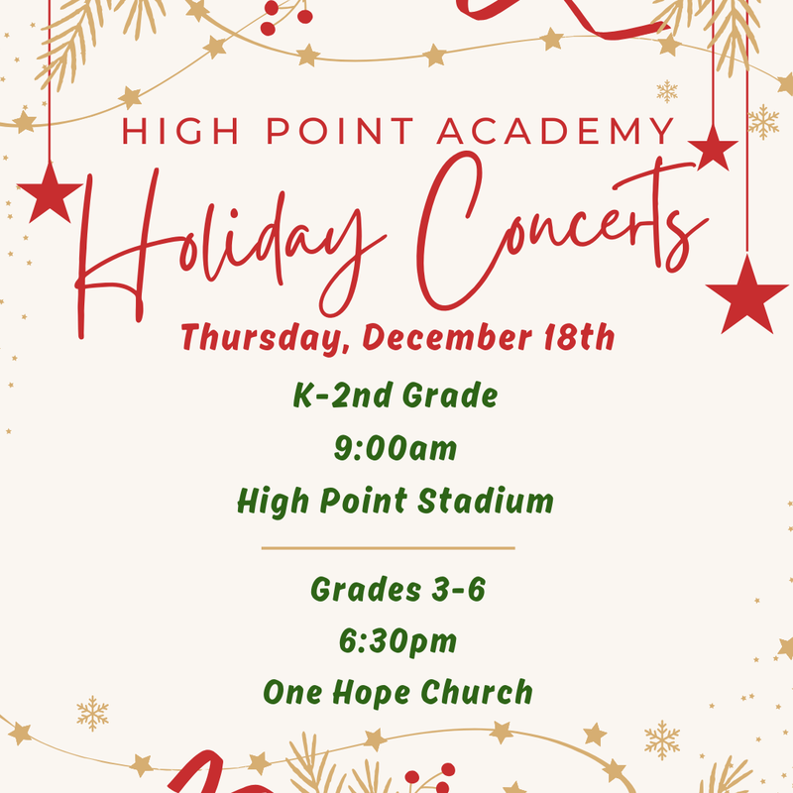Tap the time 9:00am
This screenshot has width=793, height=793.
click(396, 449)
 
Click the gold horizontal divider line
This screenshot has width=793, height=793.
click(388, 547)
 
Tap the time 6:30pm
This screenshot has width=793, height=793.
click(396, 641)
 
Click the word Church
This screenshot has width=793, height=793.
click(481, 693)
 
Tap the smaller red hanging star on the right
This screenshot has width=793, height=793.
click(713, 149)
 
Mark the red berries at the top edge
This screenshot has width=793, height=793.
click(287, 12)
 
